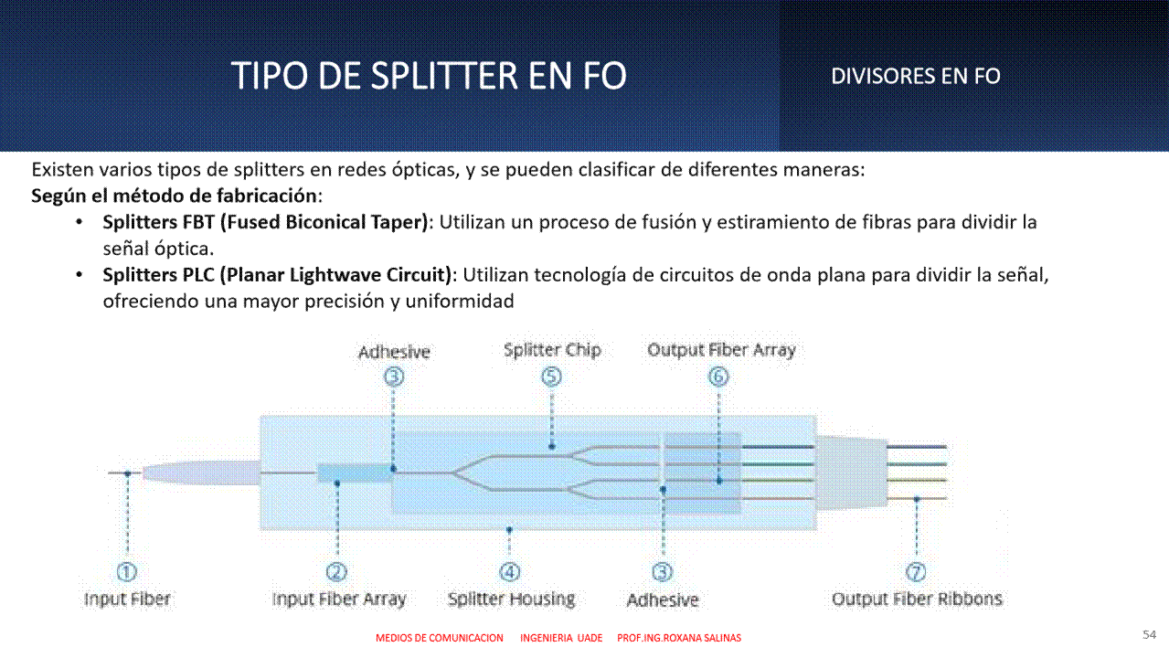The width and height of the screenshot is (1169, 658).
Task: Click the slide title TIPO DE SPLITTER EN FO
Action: (429, 76)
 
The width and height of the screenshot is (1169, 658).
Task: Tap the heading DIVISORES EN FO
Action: (916, 77)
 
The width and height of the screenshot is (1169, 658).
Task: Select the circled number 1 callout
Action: (127, 572)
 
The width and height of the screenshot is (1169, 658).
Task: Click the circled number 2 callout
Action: (336, 572)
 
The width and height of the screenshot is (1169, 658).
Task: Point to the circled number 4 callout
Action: (510, 572)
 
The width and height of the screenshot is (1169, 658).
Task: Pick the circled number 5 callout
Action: (552, 377)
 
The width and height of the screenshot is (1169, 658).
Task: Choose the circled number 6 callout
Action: (718, 377)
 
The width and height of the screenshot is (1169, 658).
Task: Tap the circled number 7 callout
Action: (916, 572)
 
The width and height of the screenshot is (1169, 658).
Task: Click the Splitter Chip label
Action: (552, 350)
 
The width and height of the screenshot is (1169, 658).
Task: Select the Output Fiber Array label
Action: (721, 350)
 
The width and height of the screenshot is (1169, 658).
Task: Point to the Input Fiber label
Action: (127, 599)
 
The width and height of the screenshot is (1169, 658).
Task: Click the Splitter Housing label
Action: (512, 600)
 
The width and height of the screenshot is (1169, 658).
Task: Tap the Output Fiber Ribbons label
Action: (917, 599)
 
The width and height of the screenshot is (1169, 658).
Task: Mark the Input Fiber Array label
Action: (339, 600)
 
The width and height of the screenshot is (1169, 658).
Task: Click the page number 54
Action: (1149, 634)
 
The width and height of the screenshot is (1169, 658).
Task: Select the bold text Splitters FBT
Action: (159, 222)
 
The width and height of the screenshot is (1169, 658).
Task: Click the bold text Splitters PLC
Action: (159, 275)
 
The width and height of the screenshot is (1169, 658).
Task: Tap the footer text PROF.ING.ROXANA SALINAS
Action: (679, 638)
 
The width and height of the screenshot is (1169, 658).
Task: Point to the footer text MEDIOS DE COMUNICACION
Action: (440, 638)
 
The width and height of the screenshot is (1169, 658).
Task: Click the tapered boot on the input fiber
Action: (201, 472)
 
